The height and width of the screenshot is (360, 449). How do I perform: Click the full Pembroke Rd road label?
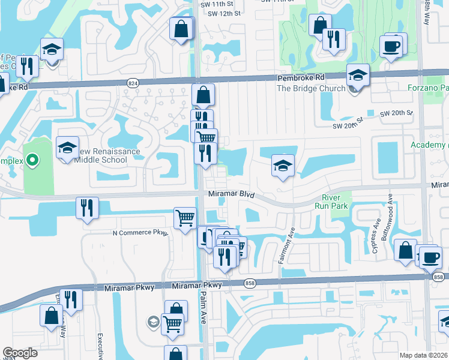click(x=300, y=78)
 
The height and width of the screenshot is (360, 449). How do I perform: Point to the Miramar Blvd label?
click(x=232, y=195)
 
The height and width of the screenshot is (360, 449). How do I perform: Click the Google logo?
click(x=20, y=353)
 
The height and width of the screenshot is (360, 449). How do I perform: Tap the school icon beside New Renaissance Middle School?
click(x=68, y=148)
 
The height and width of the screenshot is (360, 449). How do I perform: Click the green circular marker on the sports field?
click(x=33, y=160)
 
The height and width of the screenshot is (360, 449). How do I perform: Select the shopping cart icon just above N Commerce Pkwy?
click(x=185, y=217)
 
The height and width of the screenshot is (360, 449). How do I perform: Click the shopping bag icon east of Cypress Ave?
click(x=406, y=250)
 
